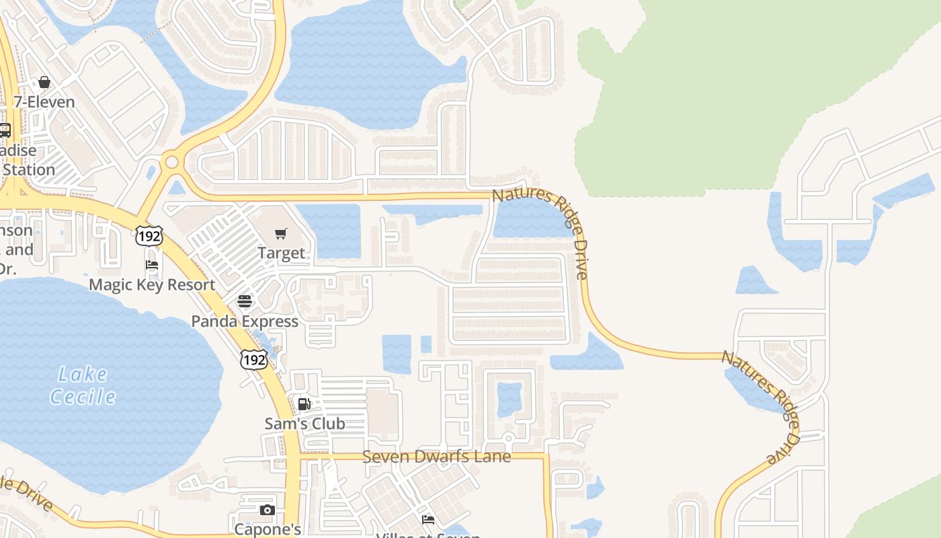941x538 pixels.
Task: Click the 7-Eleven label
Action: pos(44,102)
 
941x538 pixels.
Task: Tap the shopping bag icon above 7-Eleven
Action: pos(44,82)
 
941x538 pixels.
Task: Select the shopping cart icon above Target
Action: pos(281,233)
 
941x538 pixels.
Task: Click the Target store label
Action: pos(282,254)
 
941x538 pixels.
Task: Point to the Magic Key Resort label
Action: pos(152,284)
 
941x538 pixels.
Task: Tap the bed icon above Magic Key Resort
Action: pos(152,265)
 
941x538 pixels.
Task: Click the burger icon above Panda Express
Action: pos(245,301)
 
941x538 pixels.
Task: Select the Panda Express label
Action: pos(245,321)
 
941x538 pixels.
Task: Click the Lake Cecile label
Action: pos(83,385)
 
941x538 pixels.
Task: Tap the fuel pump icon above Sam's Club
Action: pos(304,403)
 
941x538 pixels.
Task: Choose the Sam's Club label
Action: pos(304,424)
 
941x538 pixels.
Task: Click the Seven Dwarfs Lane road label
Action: pos(436,457)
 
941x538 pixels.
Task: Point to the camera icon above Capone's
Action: pos(268,510)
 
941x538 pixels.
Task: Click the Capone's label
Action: pos(268,529)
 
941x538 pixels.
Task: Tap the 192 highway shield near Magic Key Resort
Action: pos(148,236)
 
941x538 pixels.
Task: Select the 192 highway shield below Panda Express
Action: pos(255,360)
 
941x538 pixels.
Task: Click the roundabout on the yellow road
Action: pos(172,162)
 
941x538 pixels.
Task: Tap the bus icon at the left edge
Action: pos(5,130)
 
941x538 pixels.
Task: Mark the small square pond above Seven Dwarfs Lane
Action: pos(509,399)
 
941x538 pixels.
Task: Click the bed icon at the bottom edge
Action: pos(427,519)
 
